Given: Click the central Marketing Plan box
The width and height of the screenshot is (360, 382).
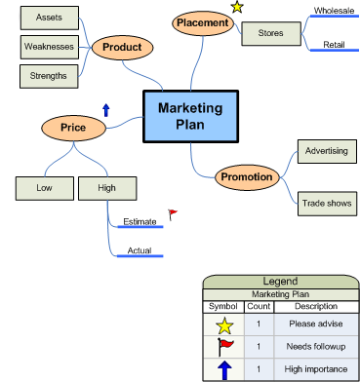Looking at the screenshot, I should coord(190,117).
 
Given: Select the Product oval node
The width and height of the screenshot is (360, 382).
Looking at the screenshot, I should coord(122,47).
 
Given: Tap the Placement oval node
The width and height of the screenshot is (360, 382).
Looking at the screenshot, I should coord(202,22).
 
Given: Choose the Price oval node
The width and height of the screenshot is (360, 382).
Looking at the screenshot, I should coord(73,127).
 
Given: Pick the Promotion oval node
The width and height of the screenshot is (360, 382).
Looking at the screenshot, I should coord(247,176).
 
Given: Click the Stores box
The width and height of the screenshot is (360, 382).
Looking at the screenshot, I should coord(270,33).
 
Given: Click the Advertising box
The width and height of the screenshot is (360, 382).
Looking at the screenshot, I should coord(325,151).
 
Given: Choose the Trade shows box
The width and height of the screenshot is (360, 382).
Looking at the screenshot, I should coord(325,203).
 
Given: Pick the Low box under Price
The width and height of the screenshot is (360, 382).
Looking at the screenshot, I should coord(44,186).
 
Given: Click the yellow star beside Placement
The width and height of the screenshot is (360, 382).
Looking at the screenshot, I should coord(237,7).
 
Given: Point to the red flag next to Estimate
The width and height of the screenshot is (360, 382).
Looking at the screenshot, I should coord(173,213).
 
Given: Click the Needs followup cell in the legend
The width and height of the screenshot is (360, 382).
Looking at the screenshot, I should coord(313,346).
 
